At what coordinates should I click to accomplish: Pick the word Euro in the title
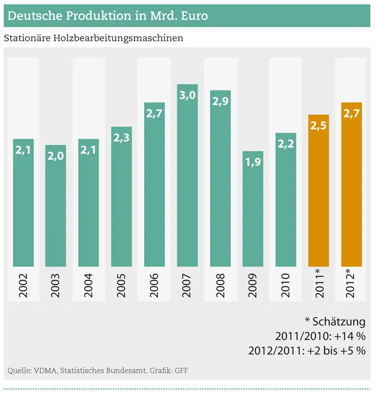pyautogui.click(x=192, y=17)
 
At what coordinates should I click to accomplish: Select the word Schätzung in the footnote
pyautogui.click(x=340, y=322)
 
